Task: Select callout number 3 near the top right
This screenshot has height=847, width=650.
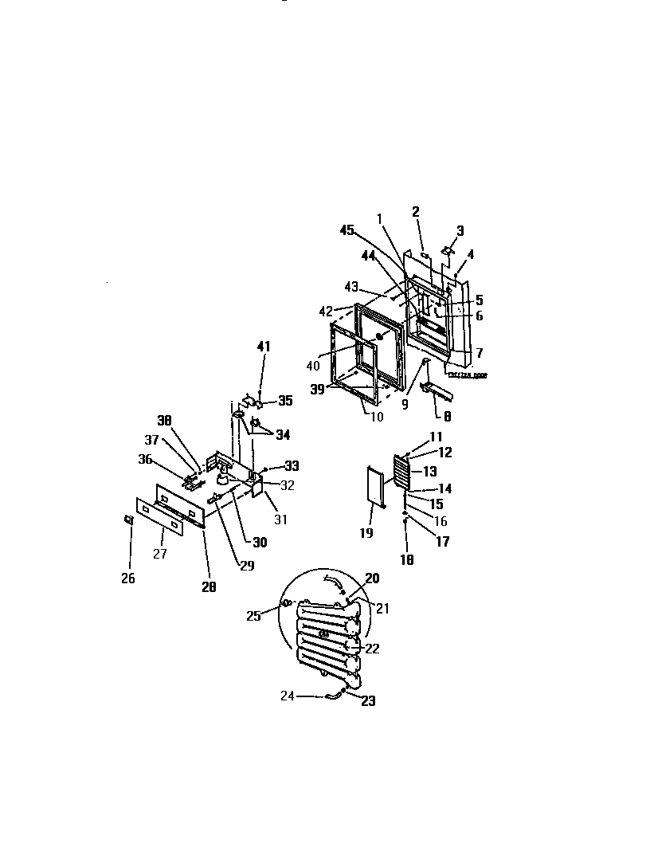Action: (460, 231)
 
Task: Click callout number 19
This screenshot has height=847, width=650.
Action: (366, 533)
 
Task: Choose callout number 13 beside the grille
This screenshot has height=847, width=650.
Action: (429, 472)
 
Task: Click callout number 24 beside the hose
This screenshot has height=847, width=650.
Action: (287, 696)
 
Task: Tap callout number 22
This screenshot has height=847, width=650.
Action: (372, 649)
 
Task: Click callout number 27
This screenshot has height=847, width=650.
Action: (160, 554)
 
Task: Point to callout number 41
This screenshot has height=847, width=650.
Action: (263, 347)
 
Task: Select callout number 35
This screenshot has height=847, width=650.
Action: (284, 401)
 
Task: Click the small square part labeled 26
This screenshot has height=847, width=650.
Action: (128, 520)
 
